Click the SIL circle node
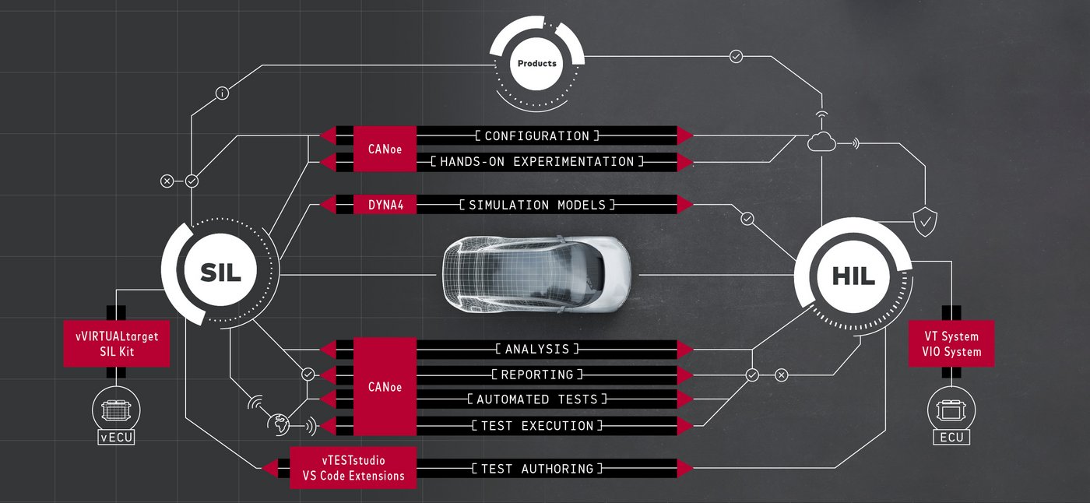(x=220, y=272)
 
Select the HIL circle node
(x=853, y=275)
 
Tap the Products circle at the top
(x=537, y=63)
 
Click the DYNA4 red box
(x=385, y=205)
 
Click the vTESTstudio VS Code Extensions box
(x=353, y=468)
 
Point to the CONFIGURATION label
(x=537, y=136)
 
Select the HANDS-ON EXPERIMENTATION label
(x=537, y=162)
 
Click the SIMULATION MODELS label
(x=537, y=205)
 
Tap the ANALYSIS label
(x=537, y=349)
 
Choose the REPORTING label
(x=537, y=375)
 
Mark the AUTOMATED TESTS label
(x=537, y=399)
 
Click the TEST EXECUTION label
(x=537, y=426)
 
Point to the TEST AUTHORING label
(x=537, y=469)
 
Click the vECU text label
(x=116, y=438)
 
